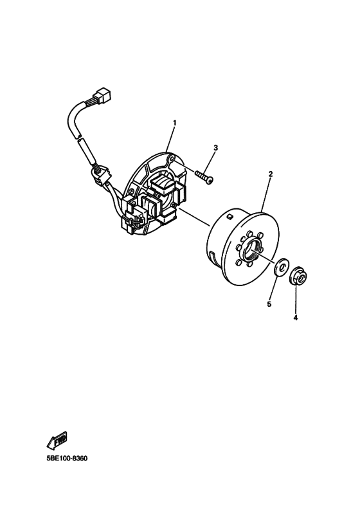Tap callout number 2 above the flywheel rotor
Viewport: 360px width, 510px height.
tap(271, 174)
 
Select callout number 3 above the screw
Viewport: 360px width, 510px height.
tap(216, 148)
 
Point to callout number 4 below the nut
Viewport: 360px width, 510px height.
tap(296, 318)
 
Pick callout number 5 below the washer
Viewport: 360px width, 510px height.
tap(269, 304)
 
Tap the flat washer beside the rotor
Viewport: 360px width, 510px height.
tap(280, 268)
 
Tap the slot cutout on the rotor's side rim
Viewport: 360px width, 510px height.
tap(212, 257)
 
